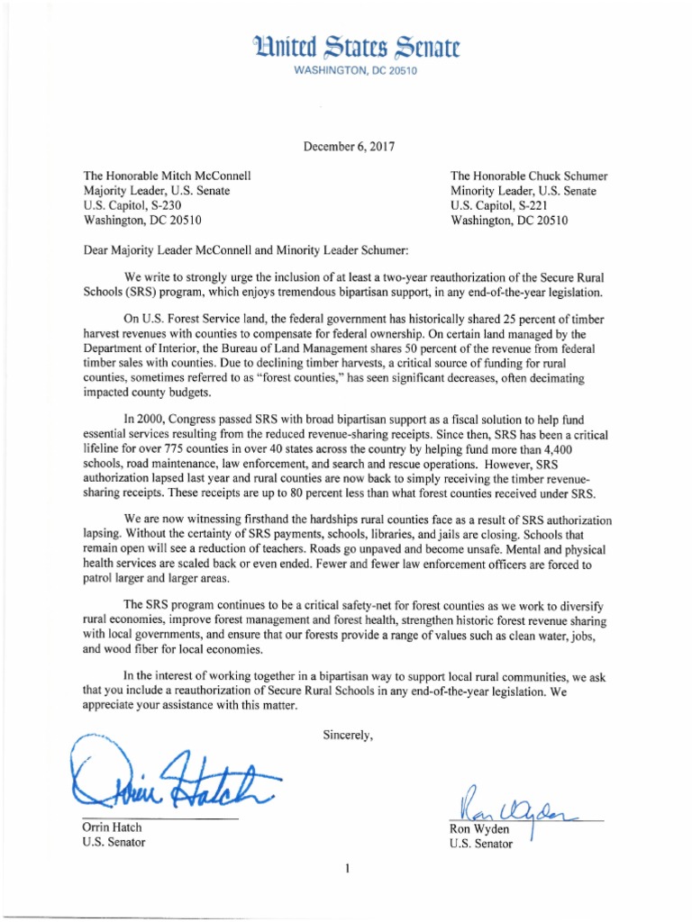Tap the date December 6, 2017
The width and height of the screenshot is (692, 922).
345,144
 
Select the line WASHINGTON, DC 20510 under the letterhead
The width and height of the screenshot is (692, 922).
346,71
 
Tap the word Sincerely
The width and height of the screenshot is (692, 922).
348,735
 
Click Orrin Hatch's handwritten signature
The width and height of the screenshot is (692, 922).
171,775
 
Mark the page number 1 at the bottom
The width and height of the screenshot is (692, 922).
346,869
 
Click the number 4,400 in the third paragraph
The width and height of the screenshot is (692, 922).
589,448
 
